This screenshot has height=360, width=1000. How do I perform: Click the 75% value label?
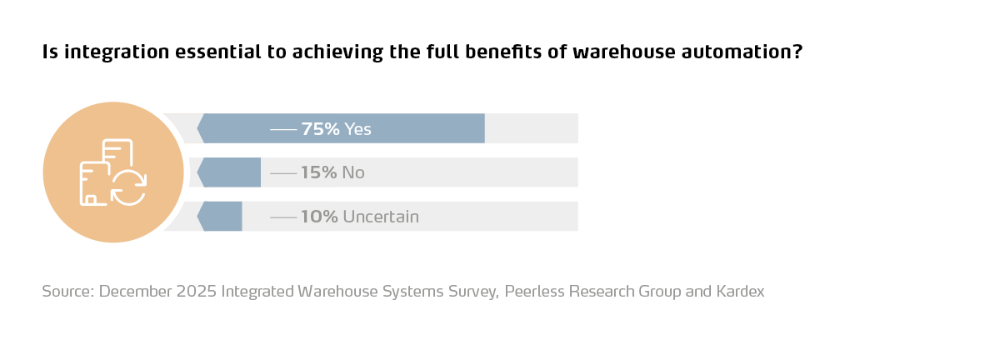point(320,129)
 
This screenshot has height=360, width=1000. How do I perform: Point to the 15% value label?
point(319,172)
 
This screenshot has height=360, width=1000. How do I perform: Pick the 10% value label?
point(319,217)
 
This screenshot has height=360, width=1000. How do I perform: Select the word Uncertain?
point(381,217)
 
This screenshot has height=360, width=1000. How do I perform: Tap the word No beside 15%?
point(353,172)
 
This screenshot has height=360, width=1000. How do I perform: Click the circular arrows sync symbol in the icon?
point(128,187)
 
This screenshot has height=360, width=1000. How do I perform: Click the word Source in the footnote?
point(67,292)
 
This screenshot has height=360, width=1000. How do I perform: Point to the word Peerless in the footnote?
point(534,292)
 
